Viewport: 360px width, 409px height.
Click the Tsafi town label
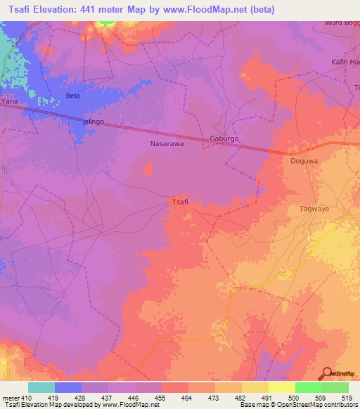tap(180, 202)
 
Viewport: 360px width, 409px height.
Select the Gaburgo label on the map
tap(224, 139)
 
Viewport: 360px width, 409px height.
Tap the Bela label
tap(72, 95)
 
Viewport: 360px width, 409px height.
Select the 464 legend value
tap(188, 397)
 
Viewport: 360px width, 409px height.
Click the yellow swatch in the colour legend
tap(281, 387)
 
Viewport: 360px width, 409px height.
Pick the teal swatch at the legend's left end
tap(41, 387)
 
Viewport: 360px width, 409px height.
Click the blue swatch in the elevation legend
tap(68, 387)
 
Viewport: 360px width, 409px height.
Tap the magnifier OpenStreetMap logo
tap(328, 373)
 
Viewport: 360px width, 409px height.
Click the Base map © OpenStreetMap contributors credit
tap(298, 405)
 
